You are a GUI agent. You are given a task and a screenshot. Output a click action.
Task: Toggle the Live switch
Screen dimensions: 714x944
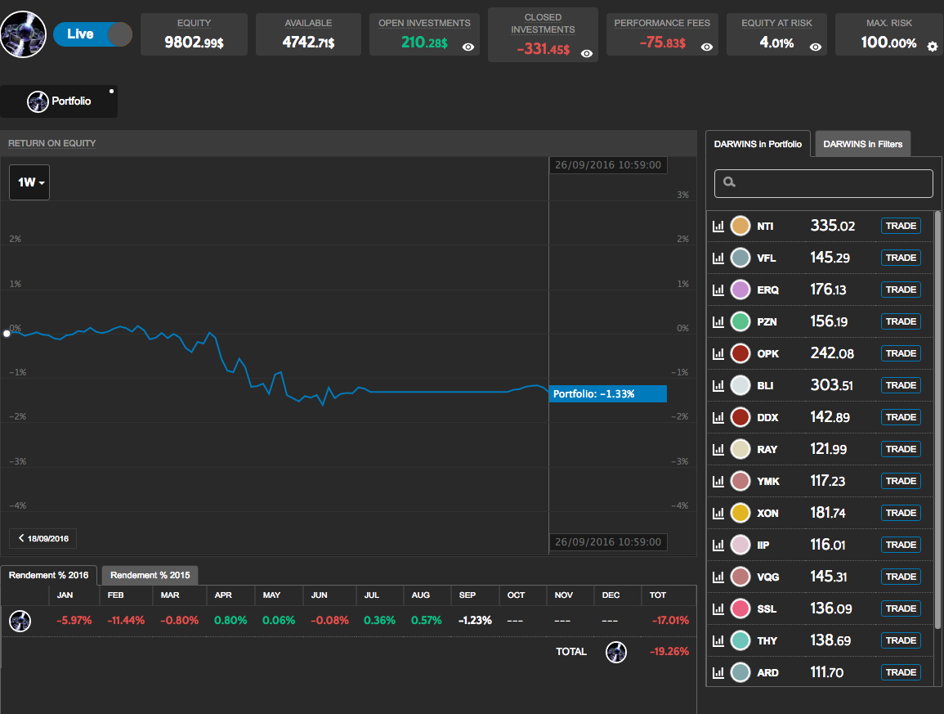pyautogui.click(x=92, y=34)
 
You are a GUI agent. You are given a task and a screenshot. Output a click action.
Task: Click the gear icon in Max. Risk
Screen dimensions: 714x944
pyautogui.click(x=933, y=47)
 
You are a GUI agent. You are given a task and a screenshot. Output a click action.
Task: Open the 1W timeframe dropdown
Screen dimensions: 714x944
pyautogui.click(x=29, y=182)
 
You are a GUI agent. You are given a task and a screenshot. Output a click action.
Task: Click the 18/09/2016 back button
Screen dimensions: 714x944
pyautogui.click(x=43, y=538)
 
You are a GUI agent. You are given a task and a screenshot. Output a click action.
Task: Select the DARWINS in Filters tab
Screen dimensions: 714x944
pyautogui.click(x=862, y=144)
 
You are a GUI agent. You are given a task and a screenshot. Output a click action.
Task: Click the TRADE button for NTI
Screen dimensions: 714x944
pyautogui.click(x=901, y=226)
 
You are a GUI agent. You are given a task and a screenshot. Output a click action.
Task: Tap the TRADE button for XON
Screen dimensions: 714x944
pyautogui.click(x=901, y=513)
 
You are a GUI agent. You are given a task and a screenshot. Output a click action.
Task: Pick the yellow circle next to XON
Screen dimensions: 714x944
pyautogui.click(x=740, y=513)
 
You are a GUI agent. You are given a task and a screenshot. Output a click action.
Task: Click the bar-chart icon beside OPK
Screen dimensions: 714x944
pyautogui.click(x=718, y=353)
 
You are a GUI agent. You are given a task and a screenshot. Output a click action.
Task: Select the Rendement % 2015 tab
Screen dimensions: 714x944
pyautogui.click(x=150, y=575)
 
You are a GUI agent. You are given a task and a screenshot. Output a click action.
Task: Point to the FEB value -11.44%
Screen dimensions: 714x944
pyautogui.click(x=126, y=621)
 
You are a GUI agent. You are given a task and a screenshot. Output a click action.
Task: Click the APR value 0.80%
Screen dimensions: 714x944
pyautogui.click(x=230, y=621)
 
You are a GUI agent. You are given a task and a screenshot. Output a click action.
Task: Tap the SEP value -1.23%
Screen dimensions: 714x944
pyautogui.click(x=475, y=621)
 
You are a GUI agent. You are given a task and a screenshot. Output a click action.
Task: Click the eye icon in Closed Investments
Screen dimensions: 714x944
pyautogui.click(x=587, y=53)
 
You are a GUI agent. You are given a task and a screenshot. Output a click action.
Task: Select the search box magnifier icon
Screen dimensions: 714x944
pyautogui.click(x=730, y=183)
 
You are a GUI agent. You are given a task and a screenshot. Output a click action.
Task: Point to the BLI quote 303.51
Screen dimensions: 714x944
pyautogui.click(x=831, y=385)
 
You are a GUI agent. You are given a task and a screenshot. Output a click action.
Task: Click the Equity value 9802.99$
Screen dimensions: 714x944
pyautogui.click(x=194, y=42)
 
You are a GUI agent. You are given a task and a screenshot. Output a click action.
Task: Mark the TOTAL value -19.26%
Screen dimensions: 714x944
pyautogui.click(x=669, y=652)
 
